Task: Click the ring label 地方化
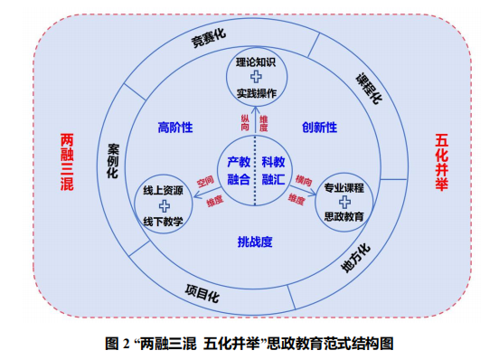coord(354,258)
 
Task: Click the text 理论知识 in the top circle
coord(255,62)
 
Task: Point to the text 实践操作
coord(255,93)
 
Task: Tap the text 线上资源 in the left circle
coord(163,191)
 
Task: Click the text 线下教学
coord(163,222)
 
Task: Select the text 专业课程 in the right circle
coord(344,187)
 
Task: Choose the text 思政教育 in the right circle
coord(344,217)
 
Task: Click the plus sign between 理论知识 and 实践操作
coord(255,78)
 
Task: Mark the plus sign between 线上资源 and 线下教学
coord(164,206)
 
